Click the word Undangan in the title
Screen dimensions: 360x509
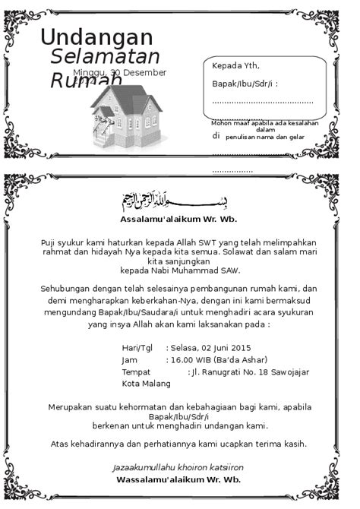coord(96,36)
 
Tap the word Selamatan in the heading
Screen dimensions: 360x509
coord(105,57)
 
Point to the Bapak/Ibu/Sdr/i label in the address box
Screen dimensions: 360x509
coord(244,83)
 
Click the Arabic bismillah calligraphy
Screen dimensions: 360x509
coord(174,201)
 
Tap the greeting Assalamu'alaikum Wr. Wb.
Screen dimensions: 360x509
coord(178,220)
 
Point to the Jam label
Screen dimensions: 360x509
coord(129,359)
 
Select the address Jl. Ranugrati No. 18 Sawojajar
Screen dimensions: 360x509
coord(250,371)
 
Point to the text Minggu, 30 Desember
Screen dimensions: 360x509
coord(120,72)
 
